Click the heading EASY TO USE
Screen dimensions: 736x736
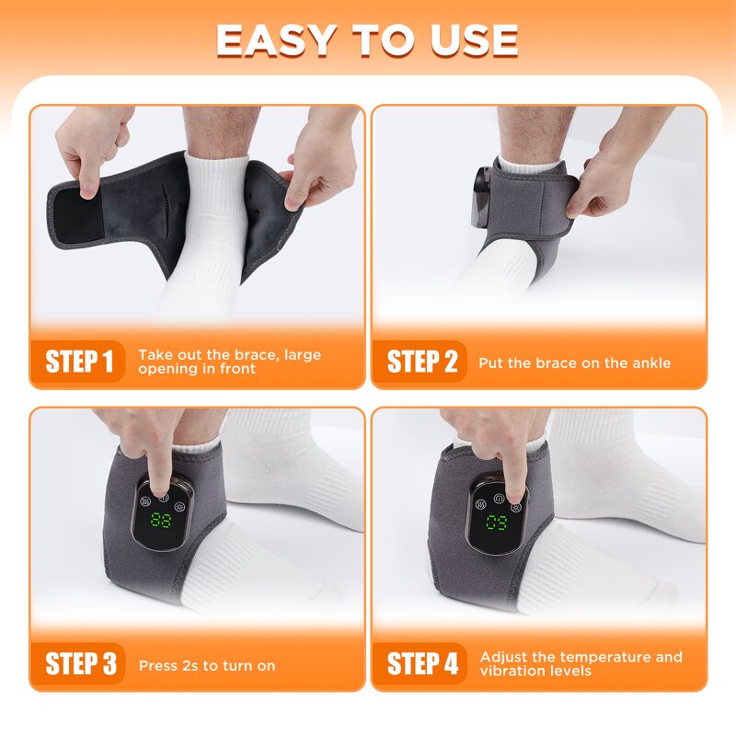coord(367,40)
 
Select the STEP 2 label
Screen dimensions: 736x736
coord(421,362)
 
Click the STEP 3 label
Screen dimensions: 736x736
coord(80,663)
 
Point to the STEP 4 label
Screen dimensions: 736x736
coord(421,663)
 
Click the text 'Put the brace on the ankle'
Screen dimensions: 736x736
coord(574,362)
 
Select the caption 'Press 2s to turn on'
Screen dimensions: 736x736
coord(207,665)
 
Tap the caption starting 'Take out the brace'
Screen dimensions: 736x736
coord(229,362)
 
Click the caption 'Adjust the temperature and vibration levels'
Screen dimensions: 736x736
coord(581,663)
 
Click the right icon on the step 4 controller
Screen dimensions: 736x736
coord(514,505)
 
